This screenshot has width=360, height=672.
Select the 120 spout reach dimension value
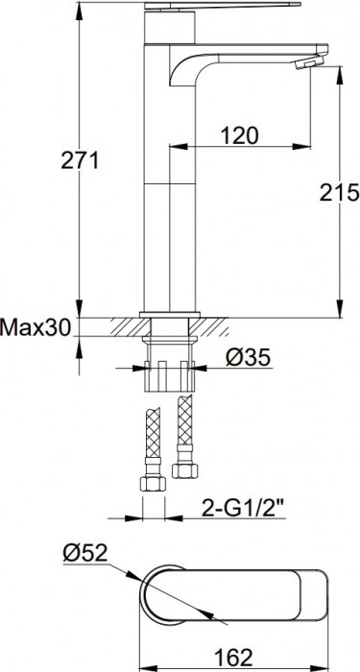click(x=238, y=135)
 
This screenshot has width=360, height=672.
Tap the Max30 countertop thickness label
click(x=36, y=328)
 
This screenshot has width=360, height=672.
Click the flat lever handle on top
click(x=221, y=7)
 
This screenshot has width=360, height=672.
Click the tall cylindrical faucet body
click(x=170, y=192)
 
